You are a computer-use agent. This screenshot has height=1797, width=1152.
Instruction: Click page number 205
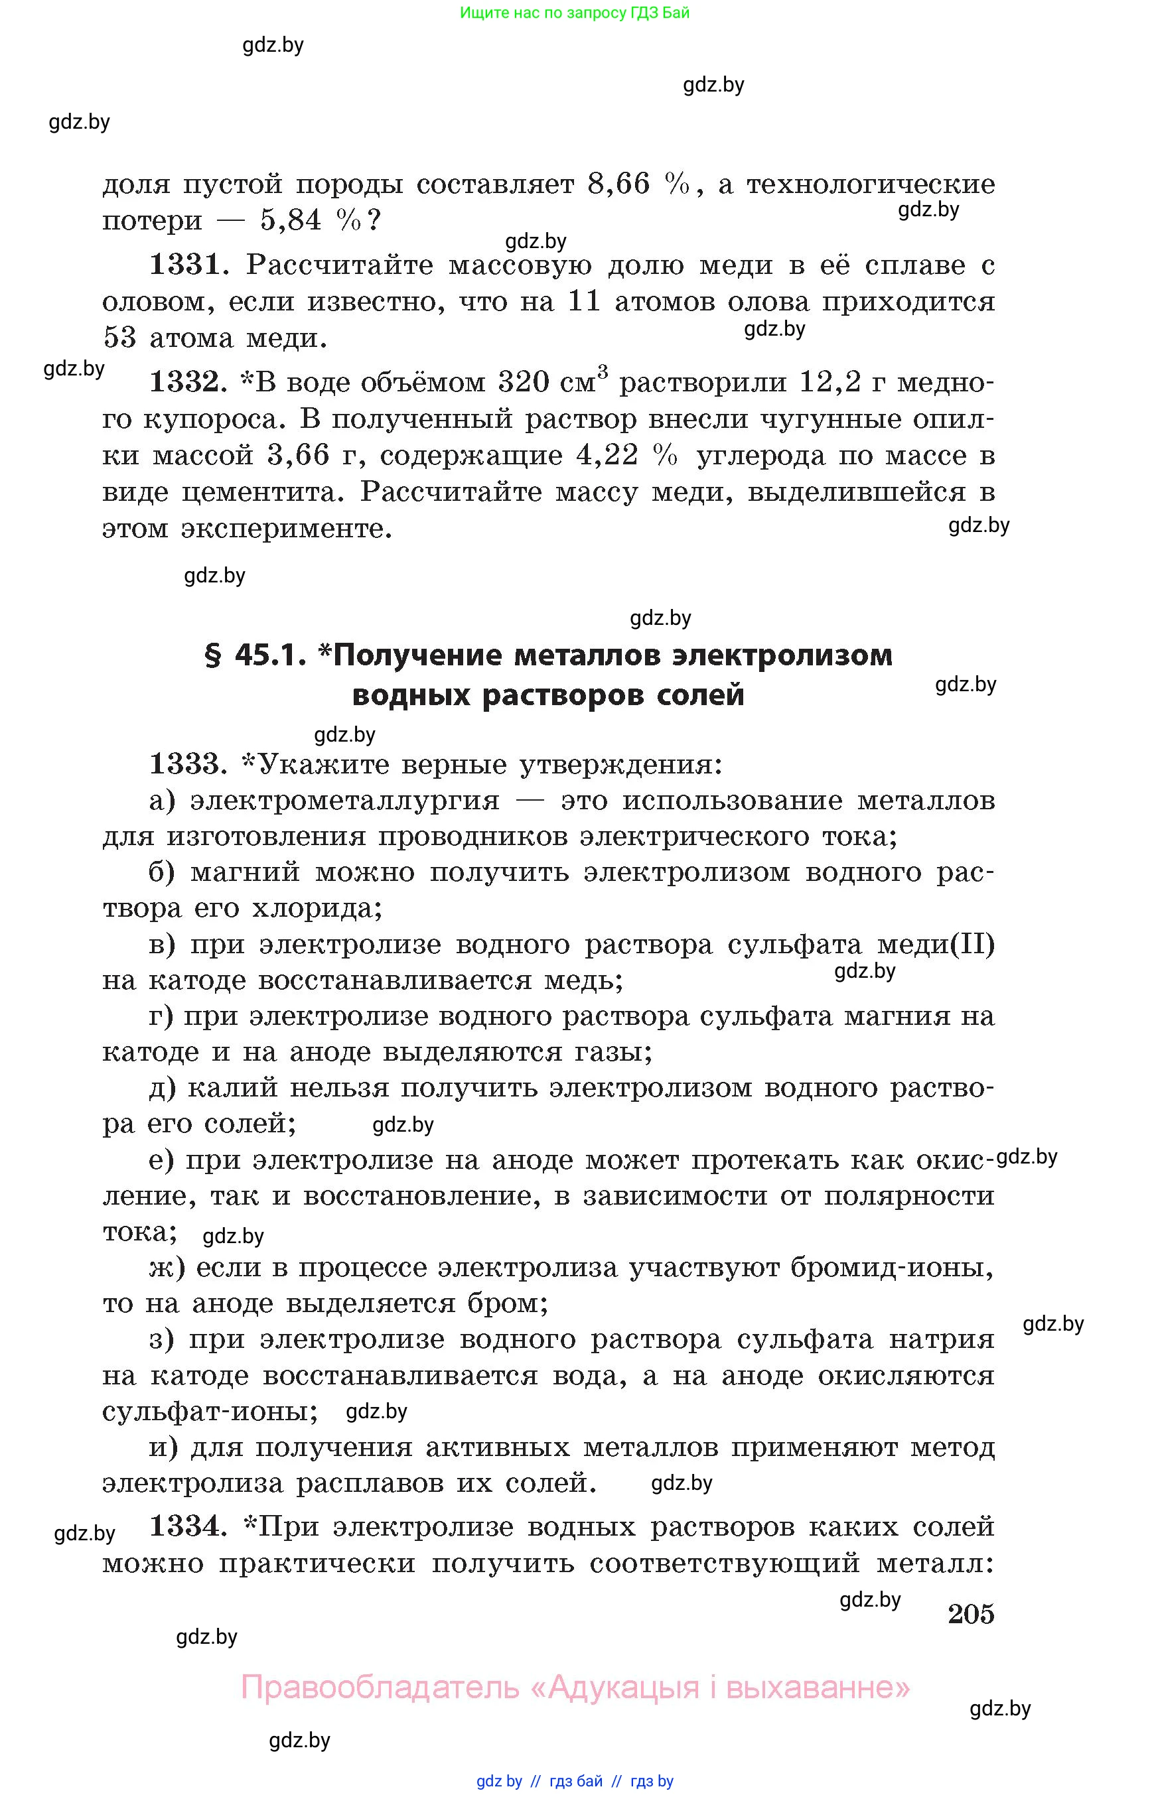(971, 1614)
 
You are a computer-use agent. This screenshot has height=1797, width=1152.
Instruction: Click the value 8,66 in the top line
(618, 184)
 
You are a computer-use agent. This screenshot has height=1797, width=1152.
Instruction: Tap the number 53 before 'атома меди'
(119, 338)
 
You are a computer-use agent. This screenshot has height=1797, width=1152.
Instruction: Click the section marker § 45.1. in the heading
(255, 656)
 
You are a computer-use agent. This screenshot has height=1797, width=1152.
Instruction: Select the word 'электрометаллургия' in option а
(345, 801)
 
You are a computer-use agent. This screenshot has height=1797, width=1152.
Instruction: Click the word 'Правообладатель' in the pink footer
(380, 1686)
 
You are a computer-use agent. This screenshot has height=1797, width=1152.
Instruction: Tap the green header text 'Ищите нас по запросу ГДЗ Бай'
(575, 13)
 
